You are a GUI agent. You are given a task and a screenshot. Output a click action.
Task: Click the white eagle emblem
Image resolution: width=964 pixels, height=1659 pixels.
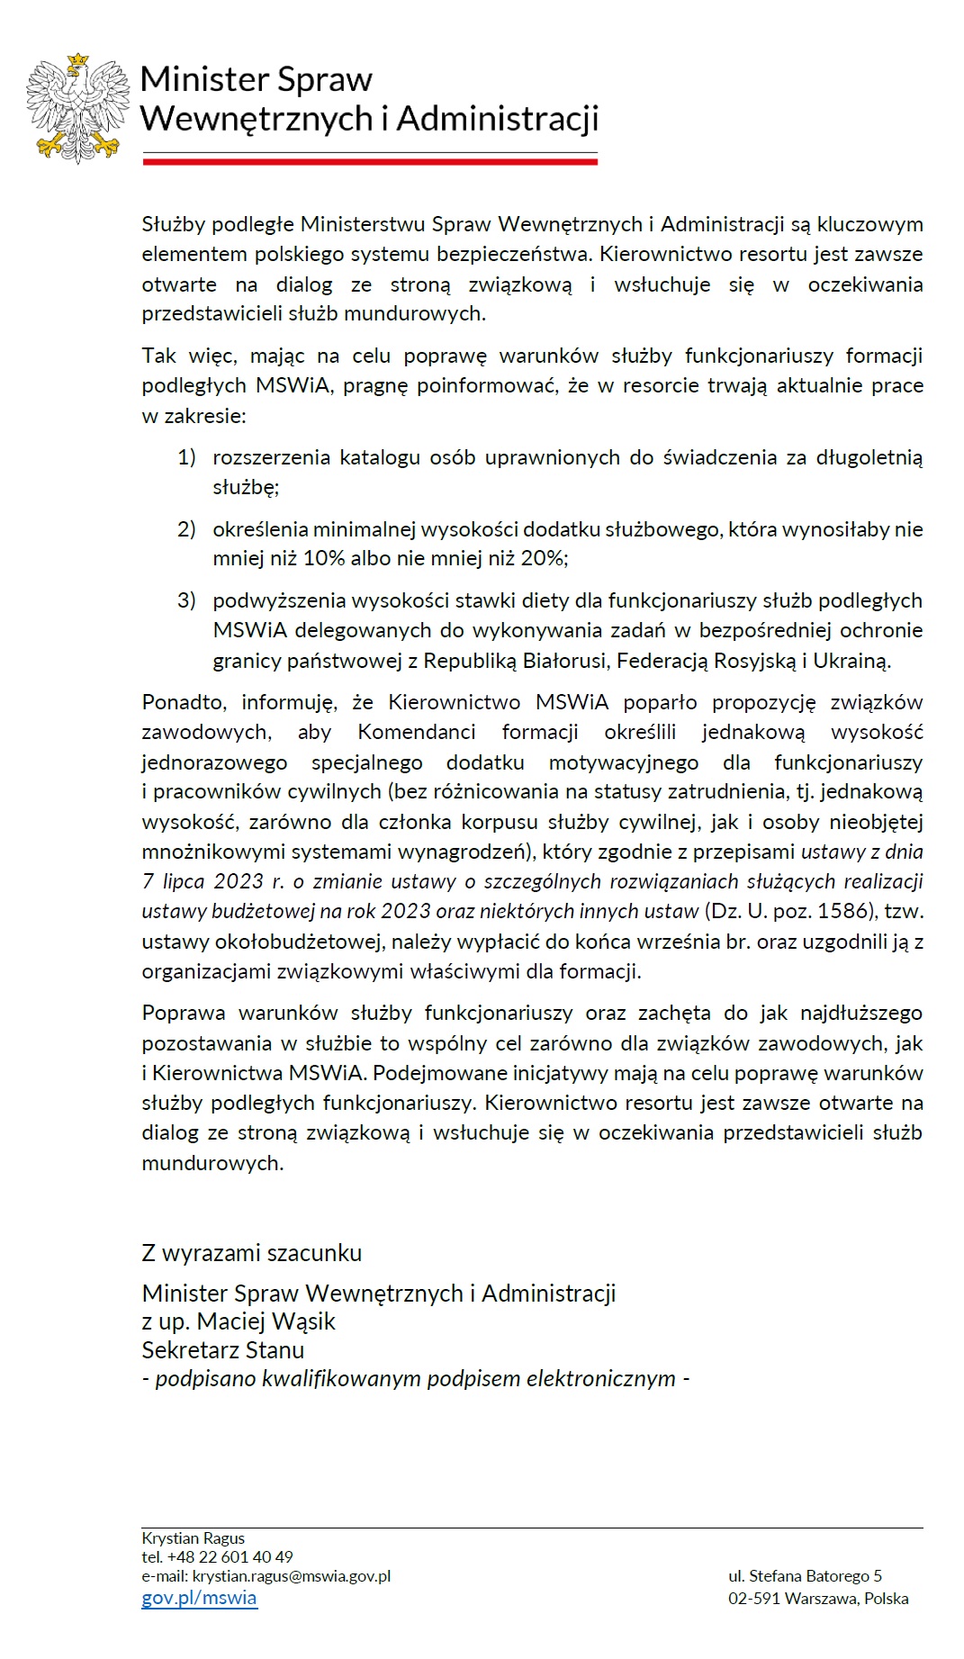click(77, 108)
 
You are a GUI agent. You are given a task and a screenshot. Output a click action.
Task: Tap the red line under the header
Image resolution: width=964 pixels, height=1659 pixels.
click(370, 162)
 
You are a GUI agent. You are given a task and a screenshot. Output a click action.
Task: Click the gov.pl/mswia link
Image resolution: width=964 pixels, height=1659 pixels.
click(199, 1598)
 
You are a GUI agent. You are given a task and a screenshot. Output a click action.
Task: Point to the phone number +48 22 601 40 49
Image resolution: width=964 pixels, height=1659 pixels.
click(230, 1556)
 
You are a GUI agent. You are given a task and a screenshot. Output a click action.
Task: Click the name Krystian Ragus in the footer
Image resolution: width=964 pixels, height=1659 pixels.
click(193, 1537)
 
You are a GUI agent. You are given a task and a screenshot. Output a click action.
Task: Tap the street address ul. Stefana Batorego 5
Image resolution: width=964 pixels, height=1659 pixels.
click(805, 1575)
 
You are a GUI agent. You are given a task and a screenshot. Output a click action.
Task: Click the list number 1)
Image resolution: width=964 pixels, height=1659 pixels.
click(186, 457)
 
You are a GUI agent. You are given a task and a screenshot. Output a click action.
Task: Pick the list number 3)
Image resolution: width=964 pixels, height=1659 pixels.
click(186, 600)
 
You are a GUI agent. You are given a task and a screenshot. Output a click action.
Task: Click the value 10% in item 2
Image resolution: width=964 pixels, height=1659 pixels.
click(324, 558)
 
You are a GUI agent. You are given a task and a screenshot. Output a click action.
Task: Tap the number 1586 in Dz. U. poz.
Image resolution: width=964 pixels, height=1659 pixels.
click(847, 911)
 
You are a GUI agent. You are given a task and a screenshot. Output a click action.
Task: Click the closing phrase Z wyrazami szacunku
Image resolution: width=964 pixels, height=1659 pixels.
click(252, 1252)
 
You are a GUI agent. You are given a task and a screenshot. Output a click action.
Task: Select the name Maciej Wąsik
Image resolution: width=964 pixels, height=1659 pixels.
click(266, 1321)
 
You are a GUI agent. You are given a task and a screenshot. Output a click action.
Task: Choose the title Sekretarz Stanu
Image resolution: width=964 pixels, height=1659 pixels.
click(223, 1349)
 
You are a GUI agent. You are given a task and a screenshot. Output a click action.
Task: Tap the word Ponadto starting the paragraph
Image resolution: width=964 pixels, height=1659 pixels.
click(185, 702)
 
